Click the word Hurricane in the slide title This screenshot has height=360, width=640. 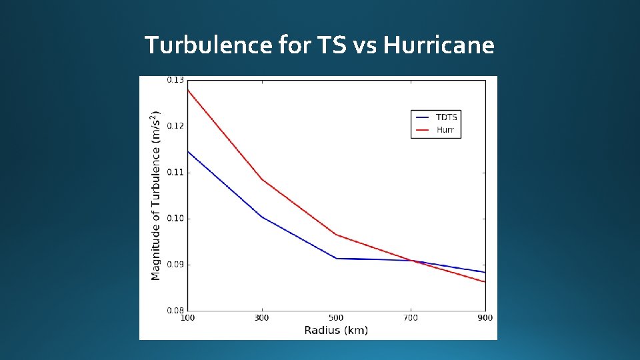pos(440,45)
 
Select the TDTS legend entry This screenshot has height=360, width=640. pos(446,117)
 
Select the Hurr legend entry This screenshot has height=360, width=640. pos(445,129)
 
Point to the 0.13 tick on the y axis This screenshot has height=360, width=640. pos(175,80)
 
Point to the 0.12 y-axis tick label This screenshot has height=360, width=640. pos(175,126)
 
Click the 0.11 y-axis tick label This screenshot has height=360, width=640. pos(175,172)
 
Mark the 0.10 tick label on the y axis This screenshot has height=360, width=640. pos(175,218)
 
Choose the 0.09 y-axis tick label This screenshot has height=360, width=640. pos(175,265)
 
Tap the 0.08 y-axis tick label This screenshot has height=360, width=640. pos(175,310)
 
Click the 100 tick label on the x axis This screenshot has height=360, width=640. pos(187,318)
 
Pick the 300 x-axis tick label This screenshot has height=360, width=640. pos(261,318)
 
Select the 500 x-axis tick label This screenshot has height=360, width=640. pos(336,318)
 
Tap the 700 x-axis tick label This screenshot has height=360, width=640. pos(411,318)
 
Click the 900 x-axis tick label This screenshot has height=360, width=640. pos(485,318)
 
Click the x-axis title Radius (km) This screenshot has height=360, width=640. pos(336,330)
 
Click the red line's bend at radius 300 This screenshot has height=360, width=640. pos(261,179)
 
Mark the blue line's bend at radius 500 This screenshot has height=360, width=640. pos(336,258)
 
